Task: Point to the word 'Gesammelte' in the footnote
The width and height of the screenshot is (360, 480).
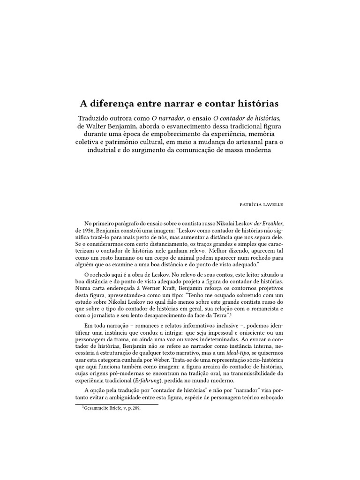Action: pos(98,408)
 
